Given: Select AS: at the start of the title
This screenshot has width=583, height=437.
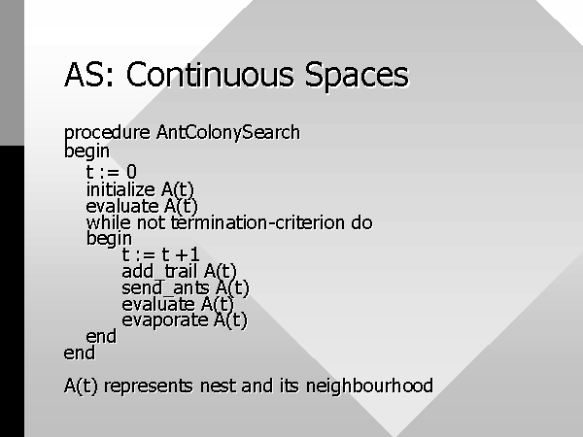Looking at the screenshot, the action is [88, 75].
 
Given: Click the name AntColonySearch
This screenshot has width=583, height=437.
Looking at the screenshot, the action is [228, 133].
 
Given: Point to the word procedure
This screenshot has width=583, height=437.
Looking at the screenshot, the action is [107, 133].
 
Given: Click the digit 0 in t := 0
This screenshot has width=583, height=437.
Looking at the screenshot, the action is [131, 172].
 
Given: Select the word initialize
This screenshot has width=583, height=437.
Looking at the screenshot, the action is [120, 190].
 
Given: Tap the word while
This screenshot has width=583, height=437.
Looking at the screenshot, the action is [109, 223].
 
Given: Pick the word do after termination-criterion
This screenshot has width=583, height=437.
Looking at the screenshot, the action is [361, 223].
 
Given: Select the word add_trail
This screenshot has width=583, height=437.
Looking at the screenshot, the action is [159, 271].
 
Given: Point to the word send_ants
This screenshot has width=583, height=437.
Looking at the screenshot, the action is [165, 288].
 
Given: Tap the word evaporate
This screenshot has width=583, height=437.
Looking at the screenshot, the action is [165, 320].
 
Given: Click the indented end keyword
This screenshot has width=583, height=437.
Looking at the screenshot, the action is [101, 337].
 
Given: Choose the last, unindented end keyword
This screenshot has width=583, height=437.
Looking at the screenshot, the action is [80, 353].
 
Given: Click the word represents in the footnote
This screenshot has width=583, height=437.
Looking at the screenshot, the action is [149, 387].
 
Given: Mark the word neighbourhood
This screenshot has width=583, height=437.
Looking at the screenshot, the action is [369, 386].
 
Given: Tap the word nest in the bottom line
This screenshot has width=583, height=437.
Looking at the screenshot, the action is [219, 387].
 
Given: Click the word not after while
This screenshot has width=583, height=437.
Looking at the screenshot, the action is [151, 223].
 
